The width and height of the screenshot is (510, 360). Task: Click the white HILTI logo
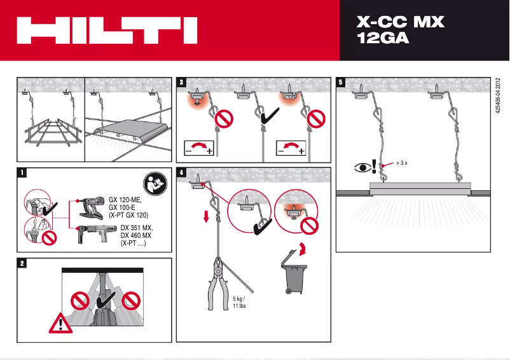pyautogui.click(x=107, y=31)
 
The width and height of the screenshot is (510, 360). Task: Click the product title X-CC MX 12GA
pyautogui.click(x=400, y=30)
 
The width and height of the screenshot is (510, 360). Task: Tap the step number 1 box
pyautogui.click(x=23, y=172)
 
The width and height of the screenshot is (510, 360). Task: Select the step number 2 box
pyautogui.click(x=23, y=263)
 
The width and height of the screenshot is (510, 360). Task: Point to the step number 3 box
pyautogui.click(x=183, y=82)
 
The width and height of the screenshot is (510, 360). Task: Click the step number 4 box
pyautogui.click(x=183, y=172)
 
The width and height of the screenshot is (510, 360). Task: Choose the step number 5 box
pyautogui.click(x=341, y=82)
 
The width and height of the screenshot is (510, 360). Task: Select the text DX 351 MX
pyautogui.click(x=137, y=228)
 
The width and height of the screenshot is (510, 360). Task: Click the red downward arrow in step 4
pyautogui.click(x=206, y=218)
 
